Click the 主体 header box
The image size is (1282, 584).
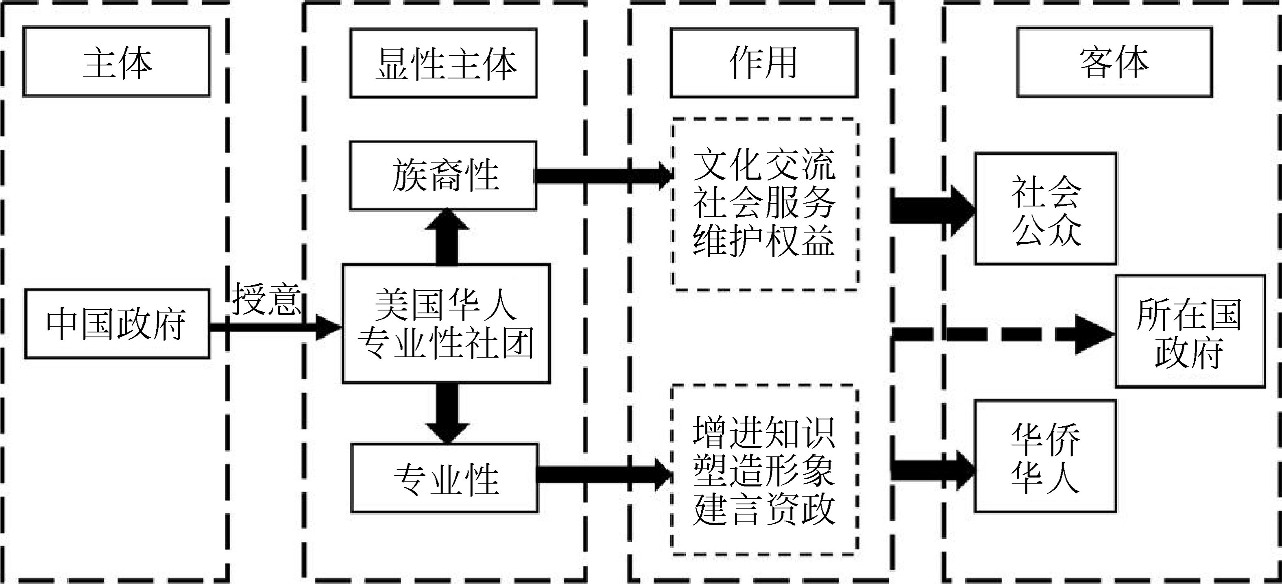(x=116, y=62)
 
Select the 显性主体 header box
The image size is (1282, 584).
(x=443, y=63)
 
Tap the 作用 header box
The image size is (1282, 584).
(x=764, y=63)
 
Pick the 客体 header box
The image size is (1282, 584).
(x=1114, y=62)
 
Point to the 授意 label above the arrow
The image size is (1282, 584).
(x=266, y=300)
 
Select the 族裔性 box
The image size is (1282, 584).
(x=443, y=176)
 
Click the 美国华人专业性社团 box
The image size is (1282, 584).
(x=446, y=324)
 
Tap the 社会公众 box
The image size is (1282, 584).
(x=1046, y=209)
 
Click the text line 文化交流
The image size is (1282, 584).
(x=764, y=165)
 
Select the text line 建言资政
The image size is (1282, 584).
(x=764, y=509)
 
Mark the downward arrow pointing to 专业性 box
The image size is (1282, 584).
(x=447, y=413)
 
